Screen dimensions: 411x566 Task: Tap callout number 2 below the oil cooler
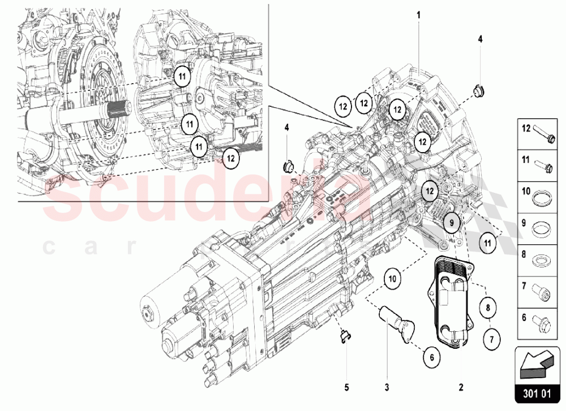(461, 388)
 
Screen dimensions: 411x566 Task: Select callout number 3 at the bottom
(388, 388)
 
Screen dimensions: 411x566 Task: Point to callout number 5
(347, 388)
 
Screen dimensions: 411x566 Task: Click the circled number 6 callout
(431, 357)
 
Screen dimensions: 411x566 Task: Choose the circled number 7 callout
(492, 340)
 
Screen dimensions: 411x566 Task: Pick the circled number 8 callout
(487, 308)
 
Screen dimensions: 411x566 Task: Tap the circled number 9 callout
(452, 223)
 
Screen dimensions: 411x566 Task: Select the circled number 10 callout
(393, 278)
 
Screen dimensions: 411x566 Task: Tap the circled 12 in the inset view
(230, 158)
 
